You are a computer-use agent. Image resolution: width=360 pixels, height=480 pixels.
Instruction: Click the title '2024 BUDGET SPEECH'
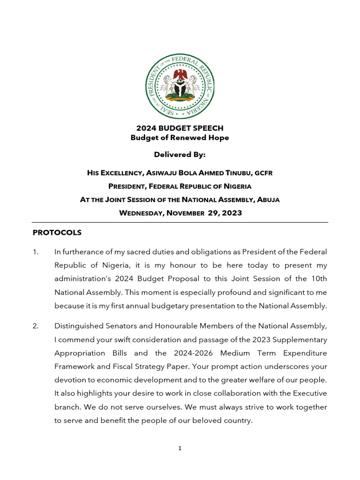(180, 128)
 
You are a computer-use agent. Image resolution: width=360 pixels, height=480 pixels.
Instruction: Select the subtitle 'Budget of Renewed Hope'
(180, 137)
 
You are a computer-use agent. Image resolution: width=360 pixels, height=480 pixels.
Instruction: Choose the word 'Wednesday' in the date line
(140, 213)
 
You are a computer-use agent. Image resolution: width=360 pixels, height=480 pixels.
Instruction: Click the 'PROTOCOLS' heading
(57, 232)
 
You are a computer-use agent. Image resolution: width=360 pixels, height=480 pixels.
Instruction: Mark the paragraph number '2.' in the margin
(36, 326)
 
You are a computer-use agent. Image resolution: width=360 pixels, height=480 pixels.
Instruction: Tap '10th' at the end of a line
(318, 279)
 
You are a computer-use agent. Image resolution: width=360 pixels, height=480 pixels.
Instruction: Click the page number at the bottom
(180, 448)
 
